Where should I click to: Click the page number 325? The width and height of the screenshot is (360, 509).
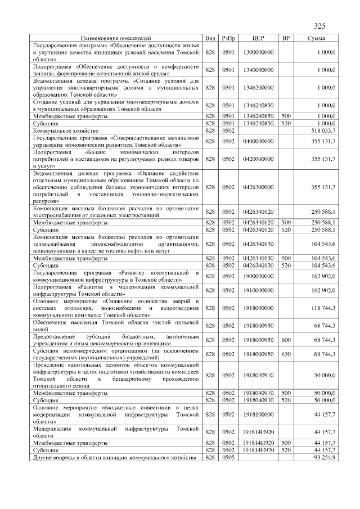tap(319, 25)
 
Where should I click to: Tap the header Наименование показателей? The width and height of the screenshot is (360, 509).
tap(116, 38)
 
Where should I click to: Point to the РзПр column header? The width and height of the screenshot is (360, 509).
tap(228, 38)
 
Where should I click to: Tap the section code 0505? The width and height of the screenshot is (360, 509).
tap(228, 457)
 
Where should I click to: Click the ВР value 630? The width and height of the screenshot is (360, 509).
tap(286, 354)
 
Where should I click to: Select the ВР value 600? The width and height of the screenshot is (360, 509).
tap(286, 340)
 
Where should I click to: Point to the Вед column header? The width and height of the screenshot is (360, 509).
tap(210, 38)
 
